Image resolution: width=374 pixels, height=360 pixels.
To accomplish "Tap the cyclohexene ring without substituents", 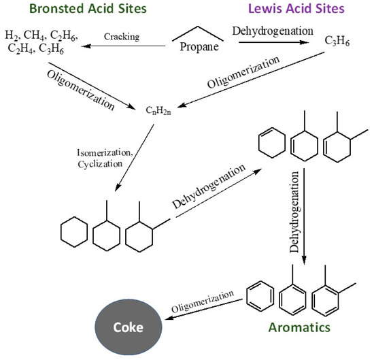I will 271,145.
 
